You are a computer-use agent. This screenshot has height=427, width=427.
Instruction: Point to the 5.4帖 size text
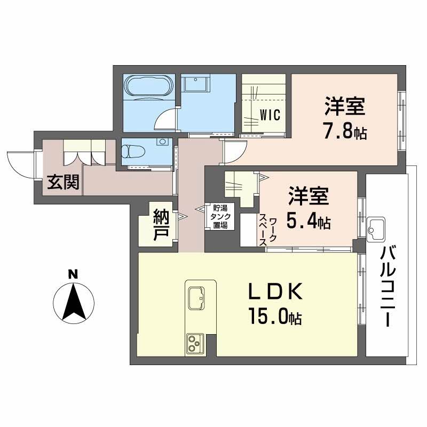[310, 220]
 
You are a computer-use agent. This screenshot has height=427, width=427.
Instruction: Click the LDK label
[275, 292]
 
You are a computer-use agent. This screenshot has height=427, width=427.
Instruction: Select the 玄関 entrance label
[63, 183]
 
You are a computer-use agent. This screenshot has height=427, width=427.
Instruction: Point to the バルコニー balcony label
[387, 289]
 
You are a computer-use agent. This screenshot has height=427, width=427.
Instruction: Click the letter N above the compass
[73, 275]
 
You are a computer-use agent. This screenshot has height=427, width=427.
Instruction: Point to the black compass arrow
[73, 304]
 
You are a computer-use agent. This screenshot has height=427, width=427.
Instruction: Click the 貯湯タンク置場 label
[220, 217]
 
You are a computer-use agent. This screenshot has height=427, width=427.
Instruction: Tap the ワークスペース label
[268, 231]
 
